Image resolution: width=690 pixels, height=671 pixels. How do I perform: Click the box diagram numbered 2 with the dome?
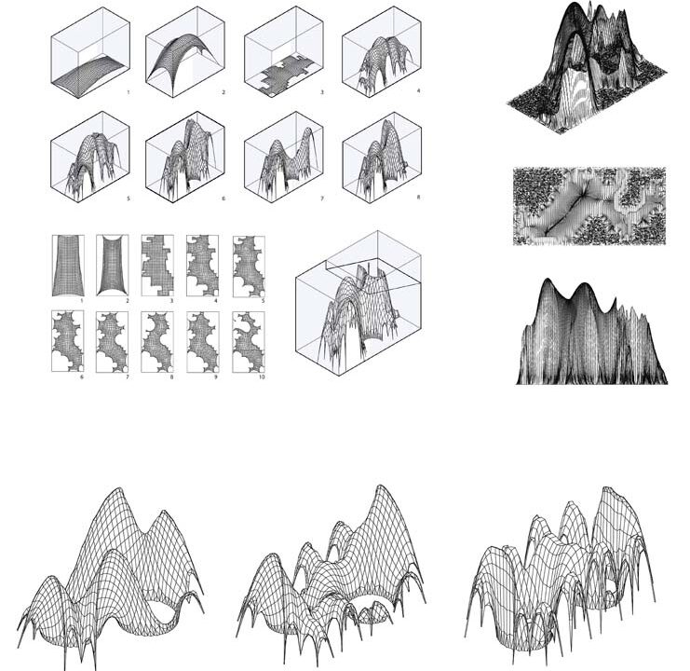[184, 52]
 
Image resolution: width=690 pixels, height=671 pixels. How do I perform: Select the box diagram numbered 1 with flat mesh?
[90, 52]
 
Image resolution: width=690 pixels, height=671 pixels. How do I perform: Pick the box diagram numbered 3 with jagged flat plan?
[284, 52]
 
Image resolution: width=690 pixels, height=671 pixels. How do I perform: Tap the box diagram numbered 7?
[284, 157]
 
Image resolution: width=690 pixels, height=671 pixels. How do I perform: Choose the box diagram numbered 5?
[90, 157]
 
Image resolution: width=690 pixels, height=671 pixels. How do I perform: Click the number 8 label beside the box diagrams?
[418, 198]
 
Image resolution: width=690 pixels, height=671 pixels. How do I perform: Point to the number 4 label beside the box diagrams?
[418, 91]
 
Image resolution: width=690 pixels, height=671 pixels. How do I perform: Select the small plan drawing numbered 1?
[68, 266]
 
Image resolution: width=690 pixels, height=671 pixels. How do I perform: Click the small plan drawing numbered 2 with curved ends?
[113, 266]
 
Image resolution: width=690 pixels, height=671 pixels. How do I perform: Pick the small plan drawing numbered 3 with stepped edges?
[157, 266]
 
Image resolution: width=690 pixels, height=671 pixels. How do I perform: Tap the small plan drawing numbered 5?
[249, 266]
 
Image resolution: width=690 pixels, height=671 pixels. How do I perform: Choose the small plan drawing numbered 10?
[249, 342]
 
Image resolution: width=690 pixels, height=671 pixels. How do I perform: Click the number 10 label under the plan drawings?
[262, 377]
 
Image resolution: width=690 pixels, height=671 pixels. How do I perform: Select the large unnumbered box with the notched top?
[359, 303]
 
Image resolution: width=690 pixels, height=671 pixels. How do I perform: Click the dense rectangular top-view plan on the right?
[589, 206]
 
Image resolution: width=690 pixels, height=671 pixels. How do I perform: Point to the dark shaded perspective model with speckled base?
[586, 67]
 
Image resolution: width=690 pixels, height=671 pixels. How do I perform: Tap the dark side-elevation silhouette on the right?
[591, 332]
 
